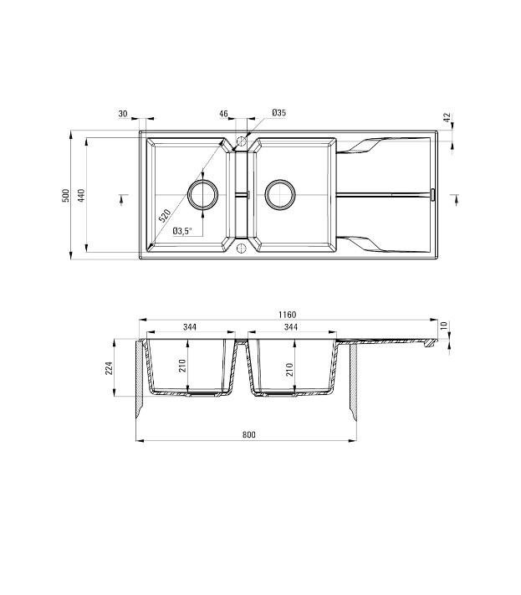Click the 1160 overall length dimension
[289, 315]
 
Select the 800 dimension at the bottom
[248, 434]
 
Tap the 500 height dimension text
[65, 195]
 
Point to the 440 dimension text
[82, 195]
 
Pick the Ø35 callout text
[278, 113]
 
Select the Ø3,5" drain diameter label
[182, 231]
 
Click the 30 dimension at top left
[123, 113]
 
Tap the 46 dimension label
[224, 113]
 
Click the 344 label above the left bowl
[189, 327]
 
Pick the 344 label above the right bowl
[290, 327]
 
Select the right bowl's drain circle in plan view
[279, 194]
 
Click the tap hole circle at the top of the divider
[241, 141]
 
